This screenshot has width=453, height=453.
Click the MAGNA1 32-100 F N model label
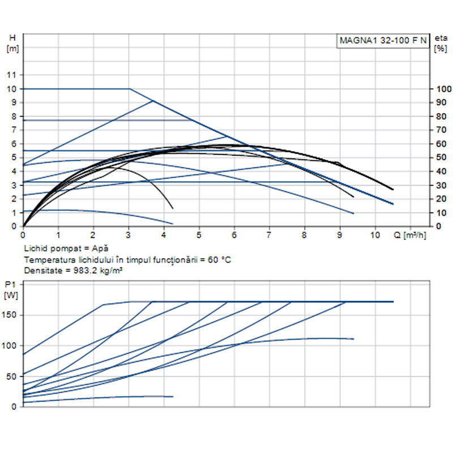(383, 41)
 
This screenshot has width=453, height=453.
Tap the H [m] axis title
(12, 43)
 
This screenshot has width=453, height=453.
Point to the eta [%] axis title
(440, 43)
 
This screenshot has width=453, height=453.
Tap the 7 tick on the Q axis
(269, 234)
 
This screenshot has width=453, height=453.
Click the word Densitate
(42, 271)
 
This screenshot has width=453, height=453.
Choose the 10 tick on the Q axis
(374, 234)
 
